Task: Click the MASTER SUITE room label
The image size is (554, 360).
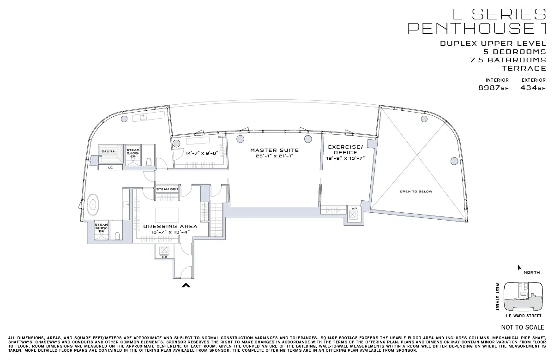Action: (274, 150)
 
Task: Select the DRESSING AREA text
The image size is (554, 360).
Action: (170, 226)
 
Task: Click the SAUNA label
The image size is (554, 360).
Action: (108, 151)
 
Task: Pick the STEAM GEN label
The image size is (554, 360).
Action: (167, 189)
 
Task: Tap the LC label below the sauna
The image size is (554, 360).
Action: (110, 168)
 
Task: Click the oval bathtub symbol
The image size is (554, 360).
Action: (93, 204)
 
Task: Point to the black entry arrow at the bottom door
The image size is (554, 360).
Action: (186, 286)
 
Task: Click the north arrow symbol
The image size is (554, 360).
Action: (519, 268)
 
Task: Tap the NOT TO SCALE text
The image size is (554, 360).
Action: (522, 327)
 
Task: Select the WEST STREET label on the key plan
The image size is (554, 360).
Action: (498, 296)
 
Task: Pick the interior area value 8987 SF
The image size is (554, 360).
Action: (493, 88)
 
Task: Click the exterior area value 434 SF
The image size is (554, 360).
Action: (532, 88)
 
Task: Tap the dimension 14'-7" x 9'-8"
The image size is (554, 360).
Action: (201, 153)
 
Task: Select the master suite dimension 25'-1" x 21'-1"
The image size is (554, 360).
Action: (274, 156)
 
